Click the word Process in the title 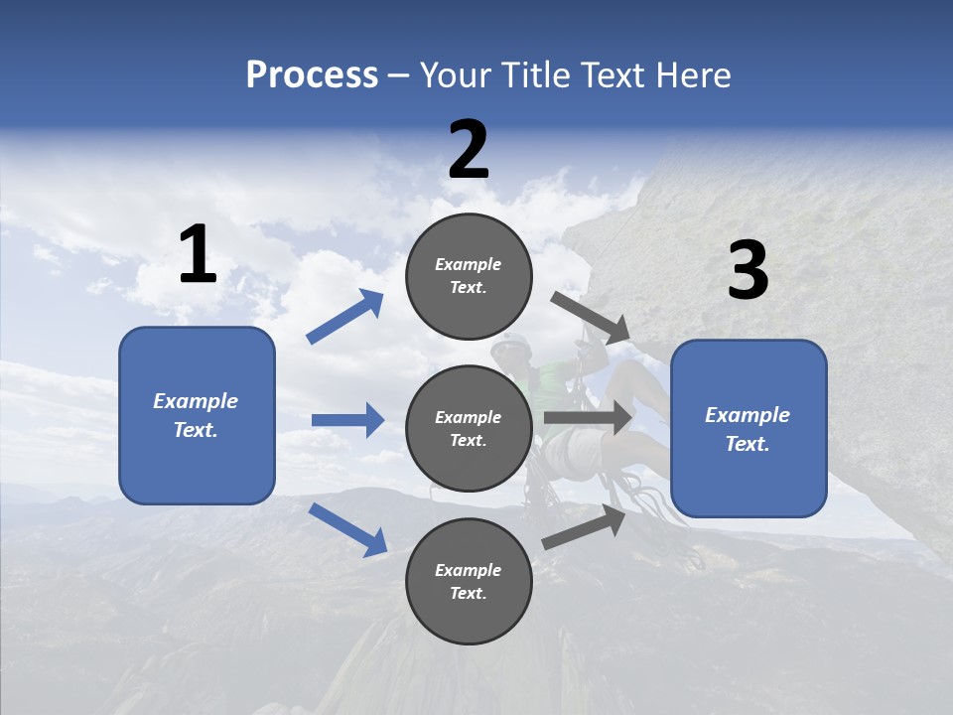312,75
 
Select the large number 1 198,255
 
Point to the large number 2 469,150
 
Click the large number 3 748,271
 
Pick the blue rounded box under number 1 197,415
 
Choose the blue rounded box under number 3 749,428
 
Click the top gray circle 469,276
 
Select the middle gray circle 469,428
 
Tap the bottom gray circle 469,581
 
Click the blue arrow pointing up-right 345,317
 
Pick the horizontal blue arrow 347,420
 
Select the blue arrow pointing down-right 347,529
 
